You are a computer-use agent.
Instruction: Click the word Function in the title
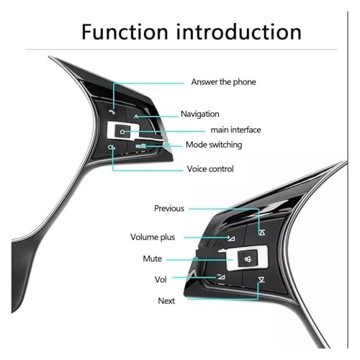(125, 32)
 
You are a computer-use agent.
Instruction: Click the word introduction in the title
(239, 32)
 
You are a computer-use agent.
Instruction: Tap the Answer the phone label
(223, 82)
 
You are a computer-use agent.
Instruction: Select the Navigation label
(200, 114)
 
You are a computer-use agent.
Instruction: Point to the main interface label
(235, 130)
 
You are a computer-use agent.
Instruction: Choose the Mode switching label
(214, 145)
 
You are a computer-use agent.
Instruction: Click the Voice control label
(210, 169)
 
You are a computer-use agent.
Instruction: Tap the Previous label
(169, 208)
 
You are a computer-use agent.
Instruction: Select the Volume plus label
(153, 237)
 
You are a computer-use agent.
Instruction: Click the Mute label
(153, 258)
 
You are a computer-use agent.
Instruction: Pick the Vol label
(161, 279)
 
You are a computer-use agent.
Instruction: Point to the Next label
(166, 301)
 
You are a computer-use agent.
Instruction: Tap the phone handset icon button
(112, 112)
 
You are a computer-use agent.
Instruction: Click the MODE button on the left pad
(141, 145)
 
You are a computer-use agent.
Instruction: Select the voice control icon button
(111, 148)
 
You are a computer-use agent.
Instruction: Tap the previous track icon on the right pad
(262, 232)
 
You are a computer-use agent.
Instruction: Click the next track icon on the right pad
(261, 279)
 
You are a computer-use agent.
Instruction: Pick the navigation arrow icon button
(136, 117)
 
